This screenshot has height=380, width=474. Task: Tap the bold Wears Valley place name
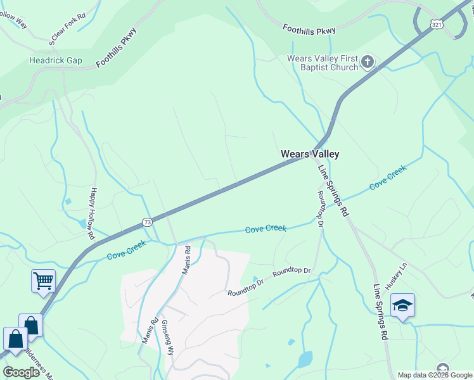pos(310,154)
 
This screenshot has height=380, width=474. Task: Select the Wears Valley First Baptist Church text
pos(323,63)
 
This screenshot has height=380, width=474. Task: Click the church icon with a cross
pos(368,61)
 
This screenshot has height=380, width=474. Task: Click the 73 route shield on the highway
pos(147,222)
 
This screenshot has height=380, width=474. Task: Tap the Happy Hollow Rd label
pos(93,213)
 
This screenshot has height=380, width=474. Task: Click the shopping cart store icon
pos(43,280)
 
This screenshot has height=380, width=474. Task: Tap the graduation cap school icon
pos(402,306)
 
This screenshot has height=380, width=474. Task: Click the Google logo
pos(22,372)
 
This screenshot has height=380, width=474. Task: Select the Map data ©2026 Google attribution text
pos(435,375)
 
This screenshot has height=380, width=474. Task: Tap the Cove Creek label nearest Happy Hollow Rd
pos(126,251)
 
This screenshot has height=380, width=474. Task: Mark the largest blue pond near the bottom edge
pos(305,359)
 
